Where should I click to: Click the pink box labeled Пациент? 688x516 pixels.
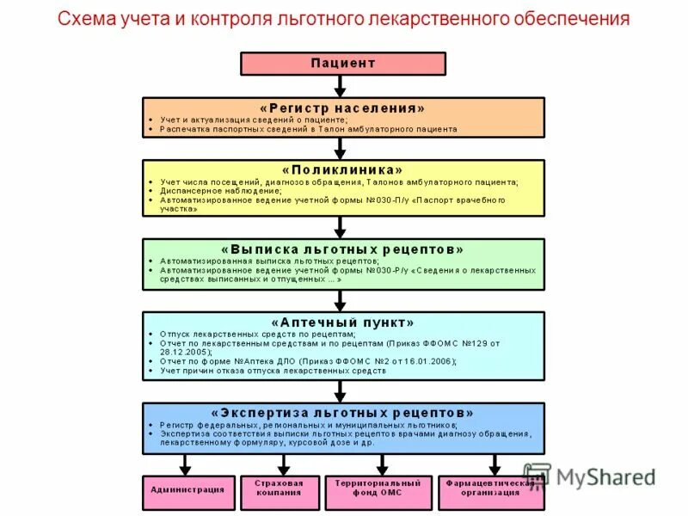click(342, 64)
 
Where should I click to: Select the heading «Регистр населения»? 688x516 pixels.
click(342, 108)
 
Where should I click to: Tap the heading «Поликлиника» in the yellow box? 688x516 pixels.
click(342, 170)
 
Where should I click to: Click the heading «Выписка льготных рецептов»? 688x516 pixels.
click(342, 249)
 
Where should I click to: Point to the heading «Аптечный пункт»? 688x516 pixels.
click(342, 322)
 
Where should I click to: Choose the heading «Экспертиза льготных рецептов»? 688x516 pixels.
click(342, 413)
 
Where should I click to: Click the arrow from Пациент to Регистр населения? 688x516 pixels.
click(341, 86)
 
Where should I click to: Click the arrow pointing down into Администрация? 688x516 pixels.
click(186, 464)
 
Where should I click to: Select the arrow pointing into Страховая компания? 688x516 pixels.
click(279, 464)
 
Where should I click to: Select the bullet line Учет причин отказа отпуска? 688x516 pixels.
click(273, 371)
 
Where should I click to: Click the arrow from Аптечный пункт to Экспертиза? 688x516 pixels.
click(341, 391)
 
